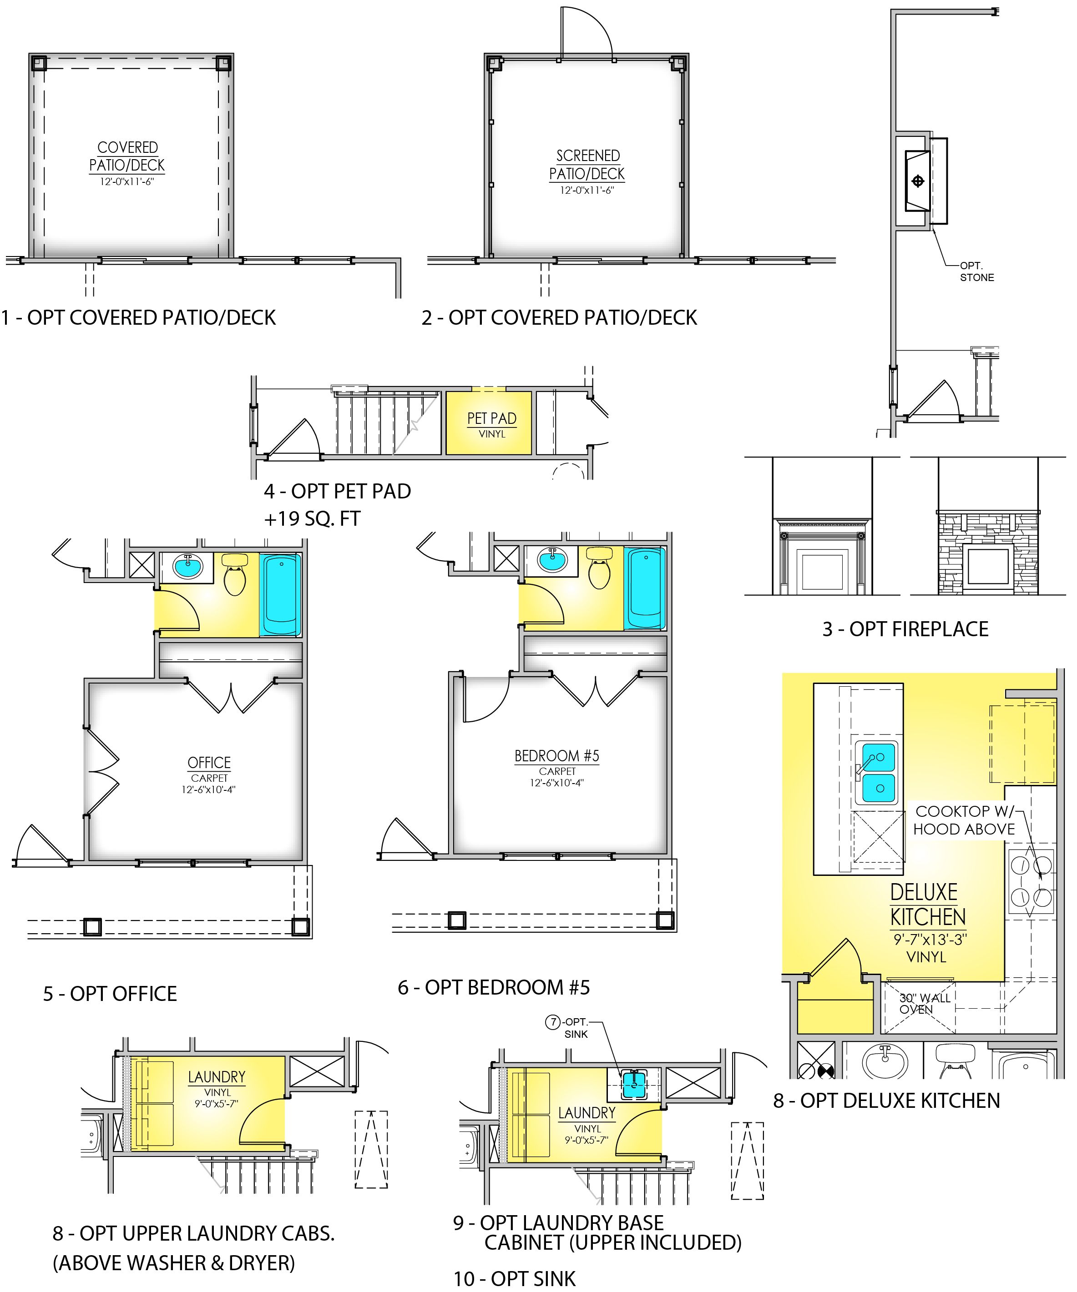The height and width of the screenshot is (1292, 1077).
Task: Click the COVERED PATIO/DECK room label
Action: (x=127, y=156)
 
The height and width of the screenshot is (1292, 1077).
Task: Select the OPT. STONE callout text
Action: (x=977, y=271)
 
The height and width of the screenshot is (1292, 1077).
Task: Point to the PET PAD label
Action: (x=492, y=418)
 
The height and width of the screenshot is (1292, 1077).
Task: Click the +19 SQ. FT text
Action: (x=312, y=518)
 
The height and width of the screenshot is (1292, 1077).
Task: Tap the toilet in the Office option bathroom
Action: (x=234, y=574)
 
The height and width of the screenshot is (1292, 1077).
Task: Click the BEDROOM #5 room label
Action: (x=557, y=756)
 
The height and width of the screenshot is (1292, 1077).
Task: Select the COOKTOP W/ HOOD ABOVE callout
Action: (x=964, y=820)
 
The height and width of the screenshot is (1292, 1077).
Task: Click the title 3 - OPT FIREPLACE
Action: (x=905, y=629)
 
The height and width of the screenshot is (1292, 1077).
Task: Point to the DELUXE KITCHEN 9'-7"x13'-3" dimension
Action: (x=930, y=940)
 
